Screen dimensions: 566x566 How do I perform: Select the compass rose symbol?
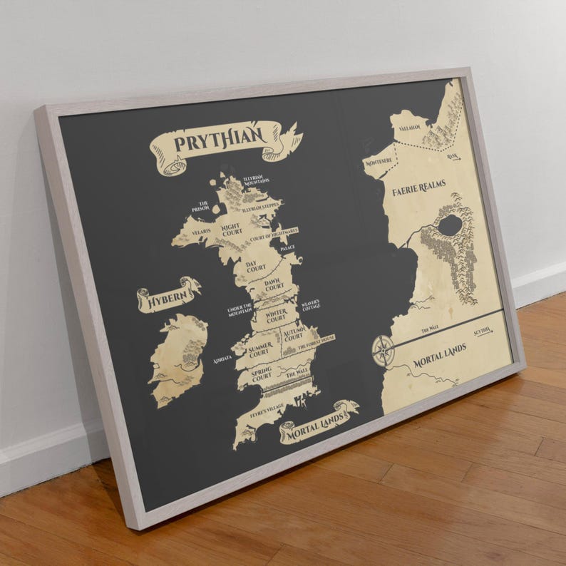point(384,350)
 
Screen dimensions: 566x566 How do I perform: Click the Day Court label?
point(255,267)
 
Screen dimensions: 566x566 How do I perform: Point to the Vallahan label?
point(411,128)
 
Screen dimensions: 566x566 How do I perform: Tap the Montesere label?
point(379,163)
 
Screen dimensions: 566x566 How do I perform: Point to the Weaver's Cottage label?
point(310,304)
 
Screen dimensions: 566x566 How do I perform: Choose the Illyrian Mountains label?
point(256,181)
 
